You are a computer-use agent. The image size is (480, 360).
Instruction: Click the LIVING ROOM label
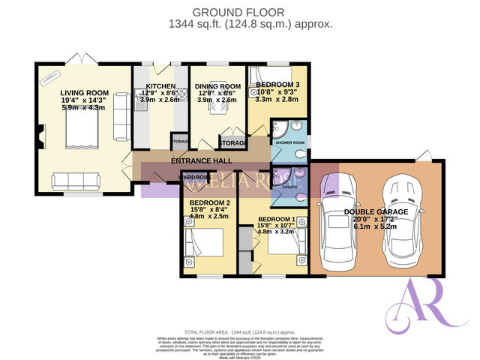point(85,93)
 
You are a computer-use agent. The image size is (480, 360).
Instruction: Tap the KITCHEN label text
point(161,86)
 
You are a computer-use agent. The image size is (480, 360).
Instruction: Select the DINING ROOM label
point(217,86)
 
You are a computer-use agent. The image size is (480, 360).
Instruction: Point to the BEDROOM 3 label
point(277,84)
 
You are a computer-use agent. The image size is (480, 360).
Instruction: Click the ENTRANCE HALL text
point(201,161)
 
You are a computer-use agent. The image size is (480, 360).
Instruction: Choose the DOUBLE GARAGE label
point(376,212)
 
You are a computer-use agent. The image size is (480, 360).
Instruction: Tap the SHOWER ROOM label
point(289,142)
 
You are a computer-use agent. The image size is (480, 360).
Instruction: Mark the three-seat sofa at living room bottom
point(75,181)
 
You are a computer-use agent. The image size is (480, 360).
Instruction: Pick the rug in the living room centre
point(79,133)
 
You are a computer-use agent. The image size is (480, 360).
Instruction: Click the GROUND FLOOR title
point(240,12)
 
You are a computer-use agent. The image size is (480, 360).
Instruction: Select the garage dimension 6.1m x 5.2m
point(376,226)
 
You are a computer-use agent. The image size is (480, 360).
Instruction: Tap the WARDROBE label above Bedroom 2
point(193,178)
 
